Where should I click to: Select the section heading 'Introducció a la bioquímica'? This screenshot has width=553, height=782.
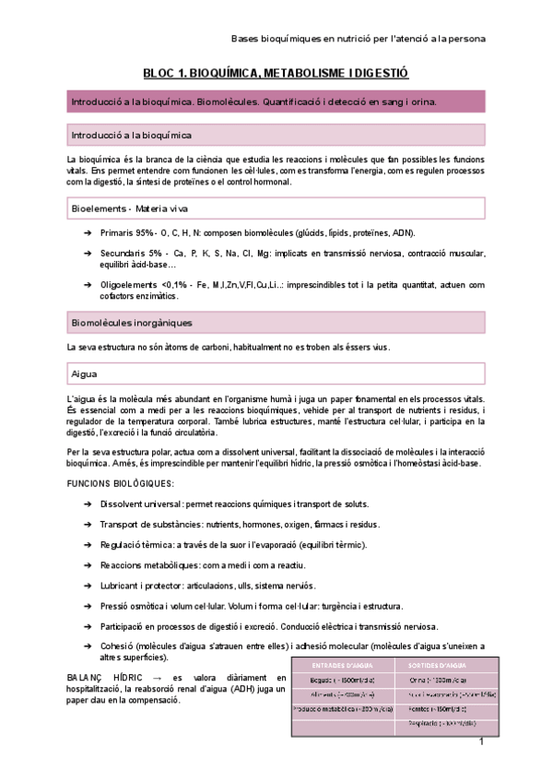coord(132,136)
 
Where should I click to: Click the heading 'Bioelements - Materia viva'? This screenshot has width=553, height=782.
coord(129,209)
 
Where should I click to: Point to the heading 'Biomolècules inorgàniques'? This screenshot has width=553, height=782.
coord(132,323)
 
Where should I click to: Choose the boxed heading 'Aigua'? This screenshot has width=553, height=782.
coord(85,374)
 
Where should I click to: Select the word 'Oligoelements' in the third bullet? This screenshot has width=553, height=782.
coord(129,285)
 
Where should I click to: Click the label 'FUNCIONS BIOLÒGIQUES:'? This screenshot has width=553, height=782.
coord(120,483)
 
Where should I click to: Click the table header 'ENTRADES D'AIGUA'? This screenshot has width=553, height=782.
coord(341,665)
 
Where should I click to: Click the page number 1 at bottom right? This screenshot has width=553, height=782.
coord(481,742)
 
